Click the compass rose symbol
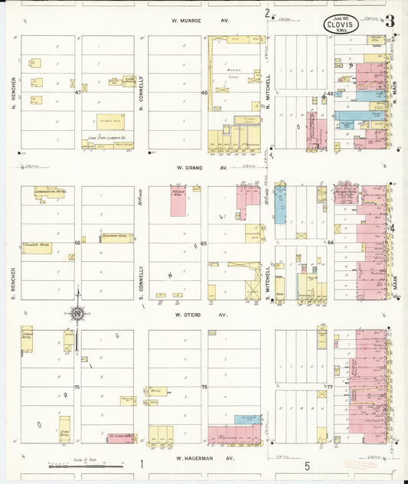(x=77, y=312)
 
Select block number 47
(x=78, y=93)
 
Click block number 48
(x=204, y=93)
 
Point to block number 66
(x=77, y=243)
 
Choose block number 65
(x=204, y=243)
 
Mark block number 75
(x=77, y=388)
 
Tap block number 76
(x=204, y=388)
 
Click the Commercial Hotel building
(x=50, y=193)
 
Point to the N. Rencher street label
(x=14, y=93)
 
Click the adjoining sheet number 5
(x=306, y=465)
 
